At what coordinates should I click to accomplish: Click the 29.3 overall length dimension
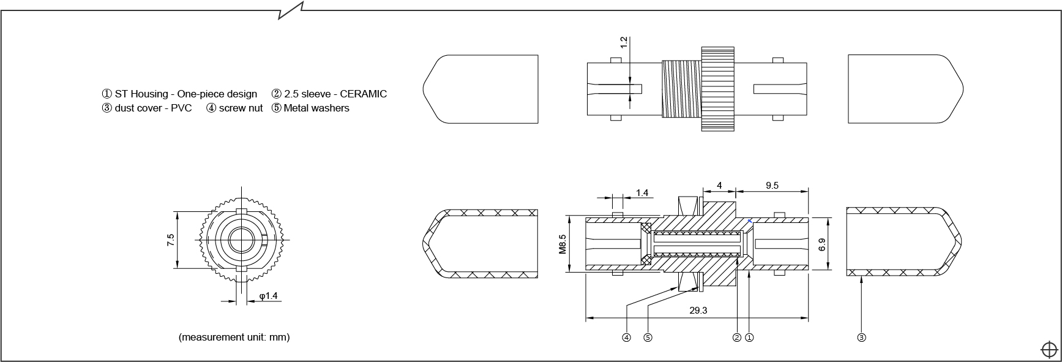[x=698, y=311]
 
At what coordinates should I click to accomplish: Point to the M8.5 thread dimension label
[x=563, y=244]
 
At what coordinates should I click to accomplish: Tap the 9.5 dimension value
[x=772, y=185]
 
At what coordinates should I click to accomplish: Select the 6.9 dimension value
[x=822, y=244]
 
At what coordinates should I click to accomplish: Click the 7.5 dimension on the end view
[x=171, y=240]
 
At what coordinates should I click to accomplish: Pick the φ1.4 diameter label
[x=268, y=296]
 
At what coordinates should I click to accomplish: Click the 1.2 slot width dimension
[x=624, y=42]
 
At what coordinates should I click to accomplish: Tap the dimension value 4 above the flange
[x=720, y=185]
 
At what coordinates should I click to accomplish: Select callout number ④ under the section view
[x=626, y=337]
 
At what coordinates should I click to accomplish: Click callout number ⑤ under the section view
[x=648, y=337]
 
